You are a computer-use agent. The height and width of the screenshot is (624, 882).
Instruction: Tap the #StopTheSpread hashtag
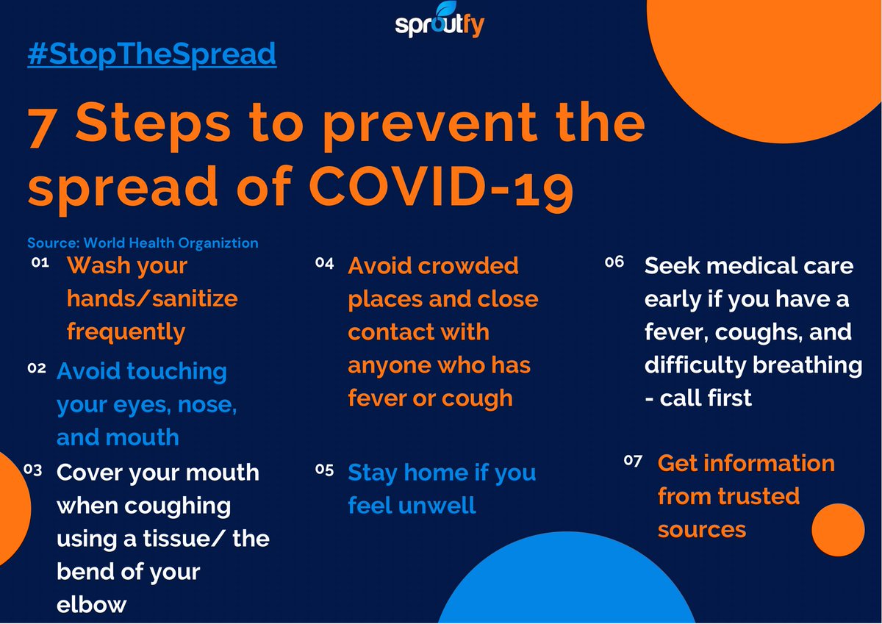[x=151, y=54]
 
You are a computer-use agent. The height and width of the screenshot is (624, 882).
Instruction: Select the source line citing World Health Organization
[x=143, y=243]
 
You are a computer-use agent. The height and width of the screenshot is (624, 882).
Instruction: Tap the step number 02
[x=37, y=368]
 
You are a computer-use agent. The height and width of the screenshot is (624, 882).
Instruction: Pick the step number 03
[x=33, y=469]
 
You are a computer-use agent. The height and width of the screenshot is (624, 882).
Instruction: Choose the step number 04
[x=325, y=262]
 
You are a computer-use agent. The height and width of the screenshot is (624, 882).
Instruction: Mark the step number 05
[x=324, y=469]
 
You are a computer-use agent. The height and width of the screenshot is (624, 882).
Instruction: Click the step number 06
[x=614, y=262]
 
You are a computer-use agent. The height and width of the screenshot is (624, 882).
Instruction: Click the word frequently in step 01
[x=126, y=331]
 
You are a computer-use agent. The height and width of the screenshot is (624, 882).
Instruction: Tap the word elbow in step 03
[x=92, y=604]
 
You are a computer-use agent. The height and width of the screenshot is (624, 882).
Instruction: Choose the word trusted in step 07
[x=758, y=496]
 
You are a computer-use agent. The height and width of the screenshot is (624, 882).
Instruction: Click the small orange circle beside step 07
[x=838, y=530]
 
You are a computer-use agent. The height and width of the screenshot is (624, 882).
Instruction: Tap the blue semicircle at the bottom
[x=566, y=588]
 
